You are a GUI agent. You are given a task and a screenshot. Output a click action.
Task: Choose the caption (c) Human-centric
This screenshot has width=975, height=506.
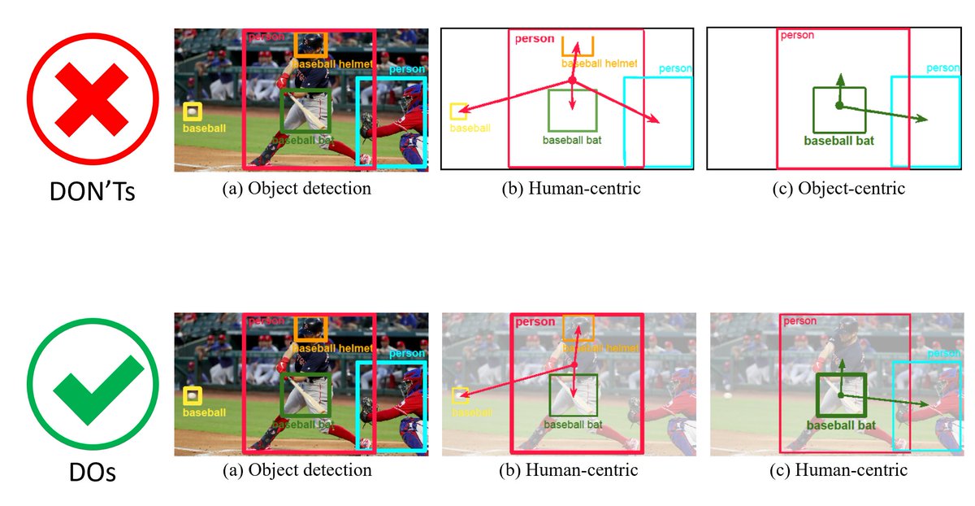click(841, 470)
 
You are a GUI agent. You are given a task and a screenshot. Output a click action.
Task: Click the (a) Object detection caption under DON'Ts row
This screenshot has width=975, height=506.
click(297, 189)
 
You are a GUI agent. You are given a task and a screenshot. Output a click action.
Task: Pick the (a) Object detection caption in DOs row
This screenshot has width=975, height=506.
click(297, 470)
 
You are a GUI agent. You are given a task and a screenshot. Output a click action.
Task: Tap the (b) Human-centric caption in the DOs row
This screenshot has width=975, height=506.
click(569, 470)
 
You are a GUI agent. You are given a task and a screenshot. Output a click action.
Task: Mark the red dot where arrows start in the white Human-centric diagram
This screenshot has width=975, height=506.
click(571, 80)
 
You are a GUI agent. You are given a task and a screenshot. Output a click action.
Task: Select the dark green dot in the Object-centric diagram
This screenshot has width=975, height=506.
click(839, 106)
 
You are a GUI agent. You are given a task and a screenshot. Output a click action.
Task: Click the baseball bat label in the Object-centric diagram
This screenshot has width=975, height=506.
click(838, 141)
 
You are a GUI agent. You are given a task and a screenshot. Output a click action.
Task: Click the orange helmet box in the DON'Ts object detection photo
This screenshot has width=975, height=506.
click(311, 44)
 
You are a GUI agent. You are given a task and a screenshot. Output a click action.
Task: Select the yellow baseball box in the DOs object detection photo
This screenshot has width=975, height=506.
click(193, 396)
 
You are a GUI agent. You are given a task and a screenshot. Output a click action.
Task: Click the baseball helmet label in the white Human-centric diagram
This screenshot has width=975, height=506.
click(599, 63)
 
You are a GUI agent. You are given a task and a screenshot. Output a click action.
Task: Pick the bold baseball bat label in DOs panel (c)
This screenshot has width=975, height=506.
click(840, 425)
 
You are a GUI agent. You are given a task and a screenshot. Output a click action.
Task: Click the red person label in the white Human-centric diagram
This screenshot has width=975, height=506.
click(535, 38)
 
